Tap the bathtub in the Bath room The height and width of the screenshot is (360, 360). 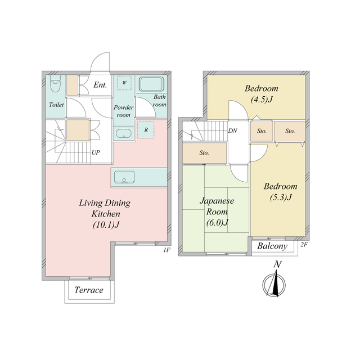click(151, 84)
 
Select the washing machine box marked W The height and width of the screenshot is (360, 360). click(124, 83)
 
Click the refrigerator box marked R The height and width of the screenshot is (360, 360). click(146, 130)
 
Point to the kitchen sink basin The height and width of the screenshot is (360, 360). click(124, 177)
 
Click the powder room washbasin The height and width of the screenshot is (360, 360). click(124, 134)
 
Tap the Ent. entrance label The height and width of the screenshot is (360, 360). click(100, 85)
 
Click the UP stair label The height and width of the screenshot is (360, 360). click(96, 152)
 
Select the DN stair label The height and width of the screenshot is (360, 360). click(232, 130)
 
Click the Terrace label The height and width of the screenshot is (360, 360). click(89, 290)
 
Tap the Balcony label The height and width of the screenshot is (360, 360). click(272, 246)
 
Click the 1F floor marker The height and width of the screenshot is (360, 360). click(167, 250)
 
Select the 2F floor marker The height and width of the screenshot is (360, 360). click(304, 245)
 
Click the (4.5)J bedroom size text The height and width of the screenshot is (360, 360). click(262, 100)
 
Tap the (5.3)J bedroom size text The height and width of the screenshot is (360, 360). click(281, 197)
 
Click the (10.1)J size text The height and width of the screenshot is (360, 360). click(106, 225)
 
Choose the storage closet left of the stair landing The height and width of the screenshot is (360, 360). click(204, 153)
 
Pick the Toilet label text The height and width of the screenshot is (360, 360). click(56, 105)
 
